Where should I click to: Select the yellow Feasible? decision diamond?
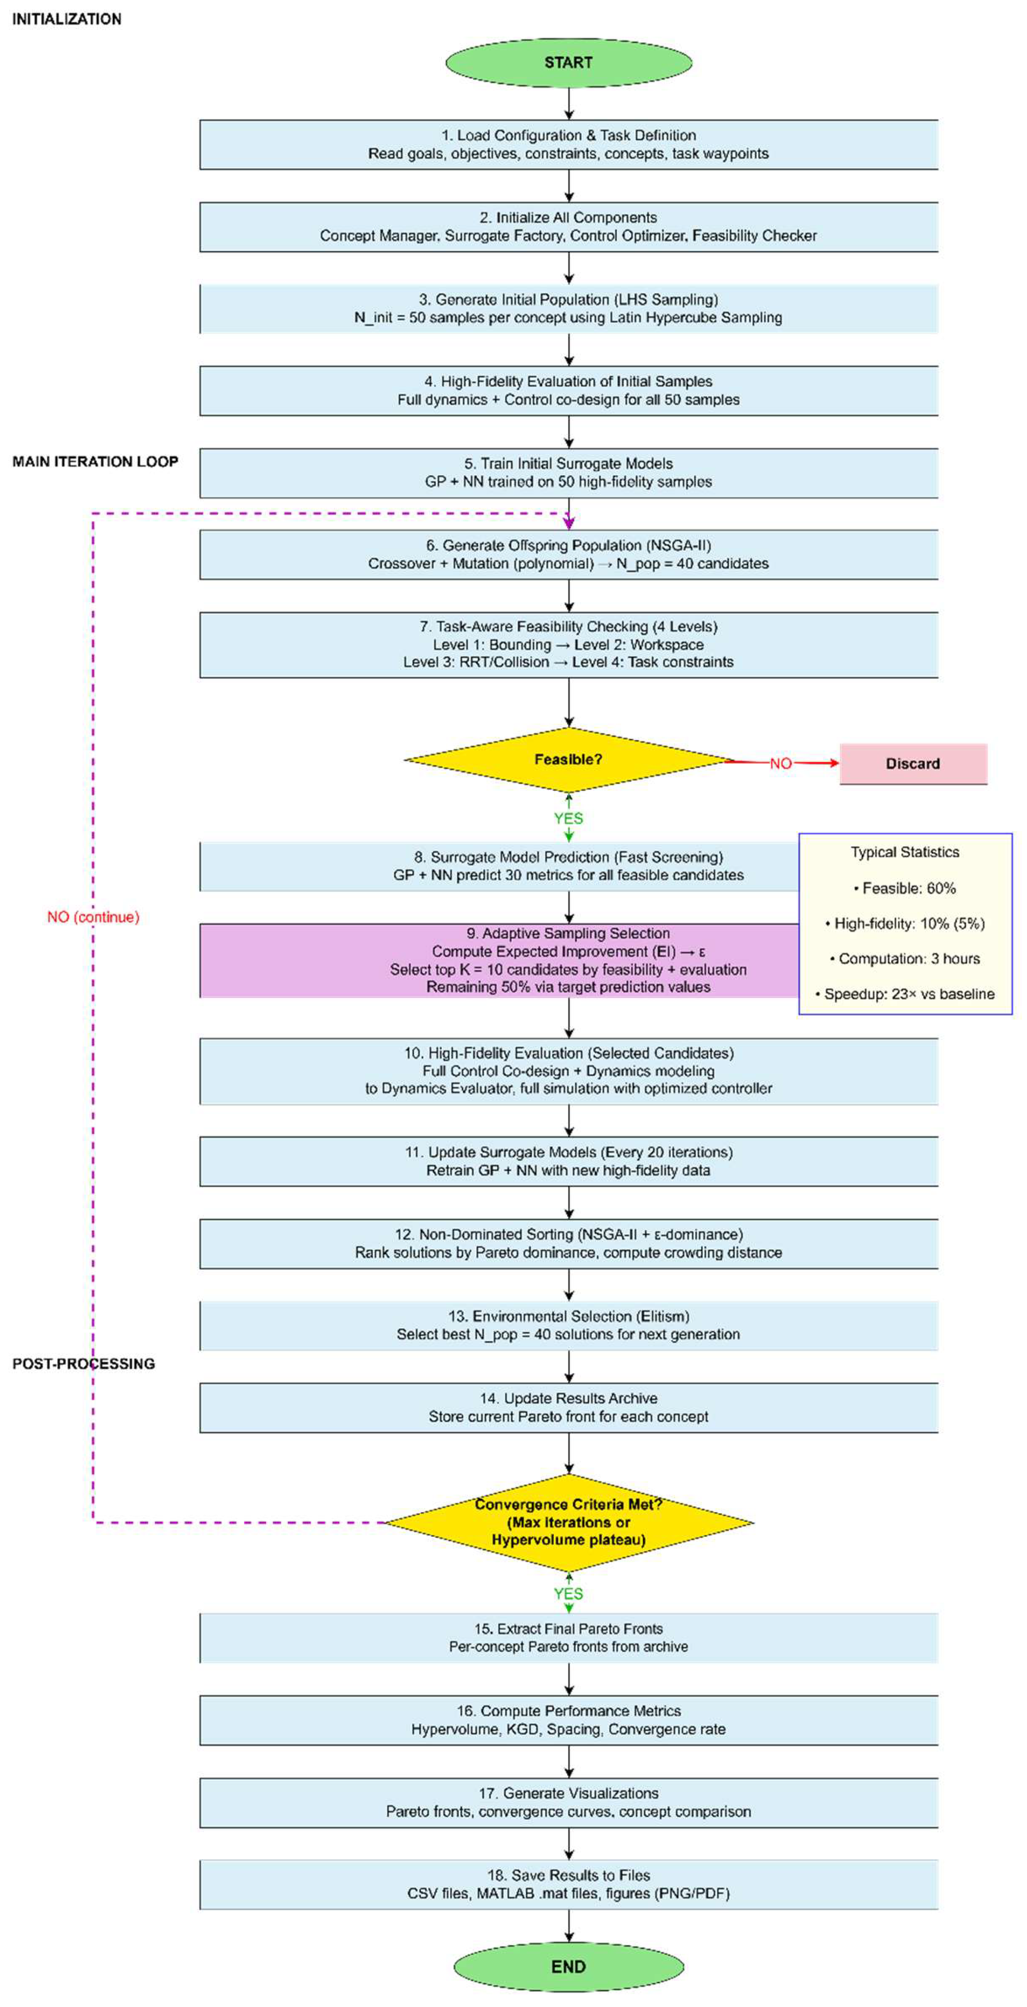[x=569, y=759]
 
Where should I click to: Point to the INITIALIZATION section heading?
[x=67, y=19]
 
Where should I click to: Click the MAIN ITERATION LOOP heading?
[x=95, y=461]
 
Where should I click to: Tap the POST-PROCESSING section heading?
[x=83, y=1364]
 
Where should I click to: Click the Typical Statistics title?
[x=905, y=852]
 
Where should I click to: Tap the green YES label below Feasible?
[x=569, y=818]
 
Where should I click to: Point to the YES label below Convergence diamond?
[x=569, y=1593]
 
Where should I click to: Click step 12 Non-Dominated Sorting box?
[x=569, y=1244]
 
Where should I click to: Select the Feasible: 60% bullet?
[x=905, y=888]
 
